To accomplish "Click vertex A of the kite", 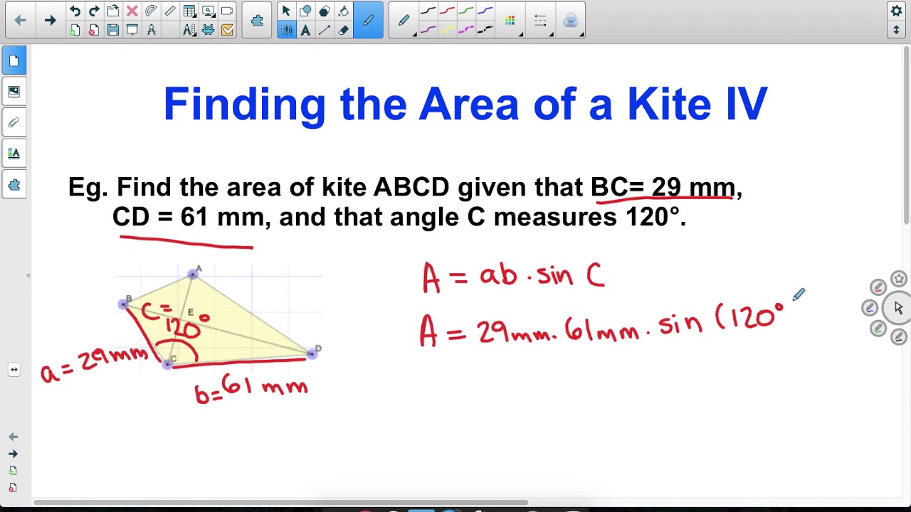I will coord(193,274).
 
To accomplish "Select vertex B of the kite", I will coord(124,304).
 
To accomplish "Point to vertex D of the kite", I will coord(312,353).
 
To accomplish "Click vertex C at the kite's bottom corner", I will coord(168,364).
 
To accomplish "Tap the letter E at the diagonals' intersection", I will coord(191,312).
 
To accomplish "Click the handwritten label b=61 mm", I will coord(251,388).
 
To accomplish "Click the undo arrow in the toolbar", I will coord(75,11).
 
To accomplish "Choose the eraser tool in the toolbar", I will coord(344,30).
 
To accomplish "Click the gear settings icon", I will coord(896,11).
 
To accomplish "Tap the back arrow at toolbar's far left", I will coord(20,21).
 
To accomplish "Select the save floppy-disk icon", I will coord(112,30).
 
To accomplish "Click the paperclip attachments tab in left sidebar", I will coord(14,122).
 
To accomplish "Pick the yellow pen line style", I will coord(447,30).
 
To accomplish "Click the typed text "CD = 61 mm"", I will coord(189,217).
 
